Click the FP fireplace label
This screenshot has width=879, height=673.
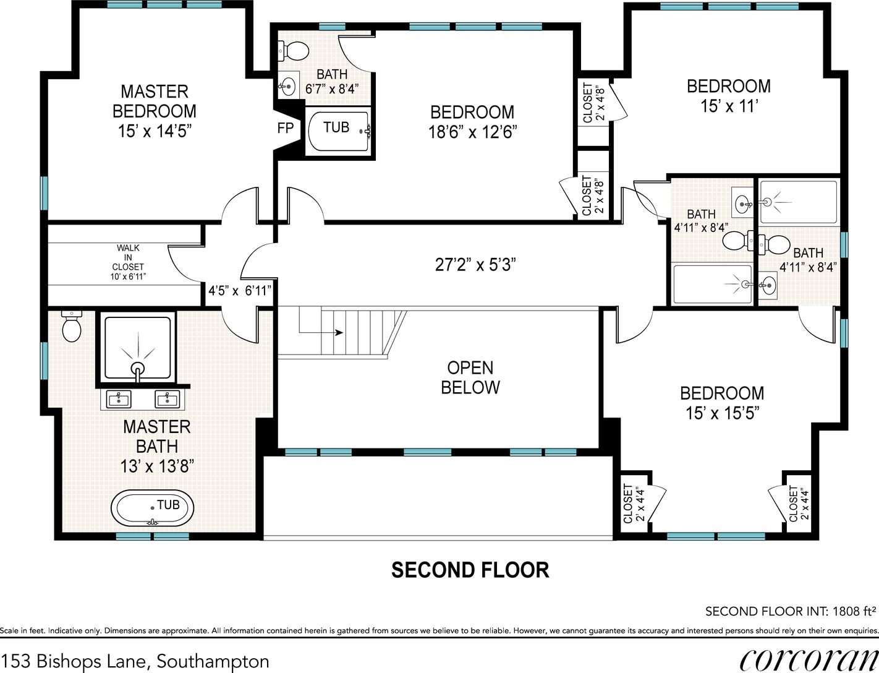click(286, 128)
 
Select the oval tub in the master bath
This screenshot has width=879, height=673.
click(152, 508)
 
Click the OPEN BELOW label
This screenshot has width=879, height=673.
click(470, 377)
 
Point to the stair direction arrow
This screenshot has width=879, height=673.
click(321, 332)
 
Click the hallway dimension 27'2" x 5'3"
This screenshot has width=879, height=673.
click(475, 265)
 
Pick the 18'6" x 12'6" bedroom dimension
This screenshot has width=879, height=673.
click(472, 132)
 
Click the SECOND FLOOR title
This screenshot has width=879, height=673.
click(470, 570)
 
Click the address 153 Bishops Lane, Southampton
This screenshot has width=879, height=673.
click(135, 661)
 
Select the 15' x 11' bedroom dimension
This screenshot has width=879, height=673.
click(729, 106)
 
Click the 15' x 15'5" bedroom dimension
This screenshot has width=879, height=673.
click(722, 413)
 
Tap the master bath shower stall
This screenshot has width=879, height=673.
click(138, 347)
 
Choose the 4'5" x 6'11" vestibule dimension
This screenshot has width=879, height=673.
click(240, 290)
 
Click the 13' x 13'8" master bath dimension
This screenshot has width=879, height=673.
click(157, 466)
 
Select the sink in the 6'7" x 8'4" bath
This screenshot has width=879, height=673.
click(288, 85)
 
